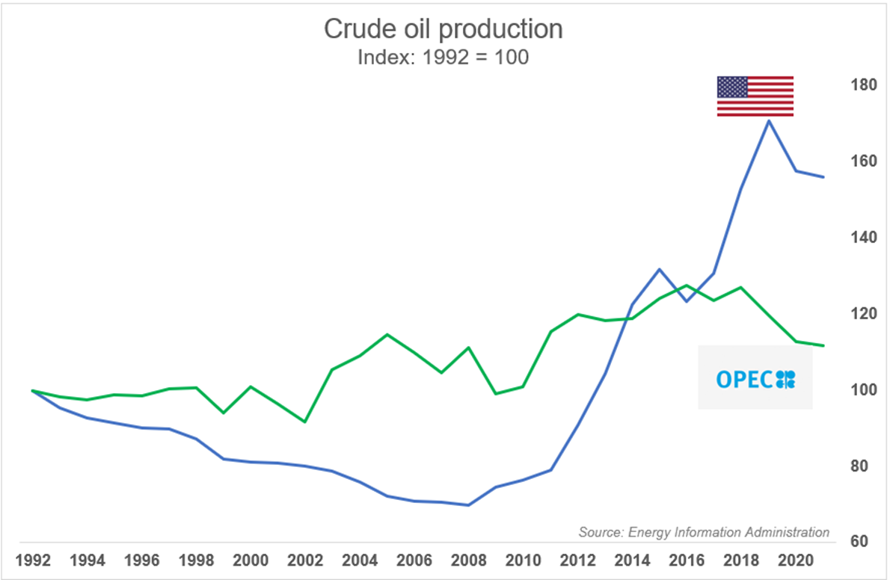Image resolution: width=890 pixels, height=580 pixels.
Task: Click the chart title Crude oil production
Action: click(x=443, y=29)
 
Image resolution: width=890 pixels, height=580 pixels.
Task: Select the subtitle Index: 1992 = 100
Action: click(x=443, y=58)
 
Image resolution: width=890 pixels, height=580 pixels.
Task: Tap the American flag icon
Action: click(x=755, y=96)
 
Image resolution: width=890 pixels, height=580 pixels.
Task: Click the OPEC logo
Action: click(x=755, y=378)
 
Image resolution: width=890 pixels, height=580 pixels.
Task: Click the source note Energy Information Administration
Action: click(x=704, y=532)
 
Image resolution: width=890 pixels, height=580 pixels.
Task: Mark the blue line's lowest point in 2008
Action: click(x=469, y=505)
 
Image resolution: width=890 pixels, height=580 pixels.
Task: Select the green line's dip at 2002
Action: click(x=304, y=422)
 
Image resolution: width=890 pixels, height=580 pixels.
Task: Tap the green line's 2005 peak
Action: click(x=387, y=334)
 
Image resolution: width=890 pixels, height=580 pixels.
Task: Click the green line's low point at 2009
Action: click(x=496, y=394)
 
